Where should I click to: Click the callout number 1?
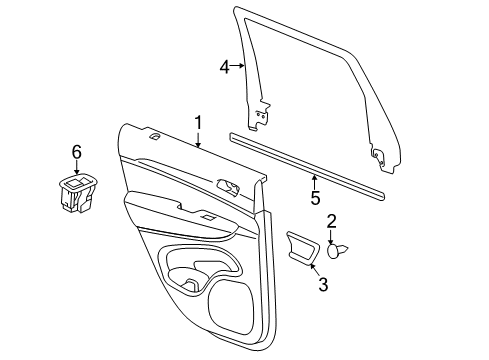pos(198,123)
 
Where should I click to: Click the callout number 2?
pos(331,222)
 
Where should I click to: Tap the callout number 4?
pos(226,67)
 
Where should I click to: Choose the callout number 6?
pos(75,151)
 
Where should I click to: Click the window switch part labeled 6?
pos(76,194)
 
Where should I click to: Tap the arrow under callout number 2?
pos(332,236)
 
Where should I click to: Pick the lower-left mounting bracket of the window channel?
pos(263,118)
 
